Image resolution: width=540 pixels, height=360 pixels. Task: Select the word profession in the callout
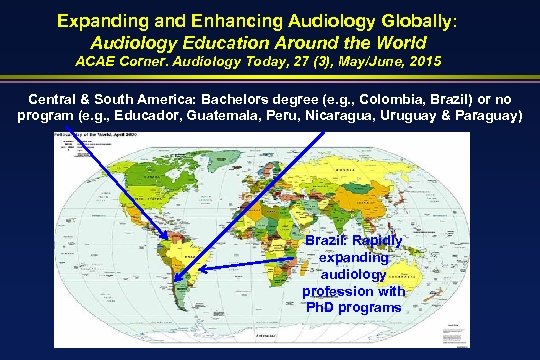click(x=330, y=290)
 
